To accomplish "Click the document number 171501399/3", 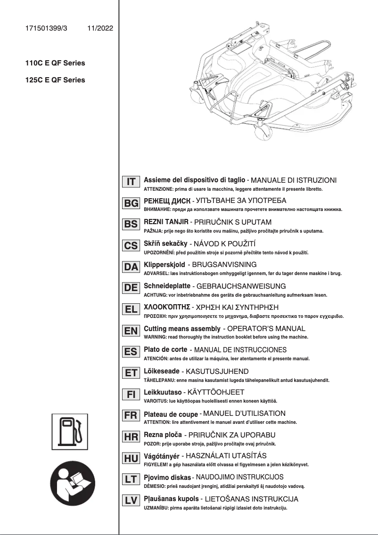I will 46,29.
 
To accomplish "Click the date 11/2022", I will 100,29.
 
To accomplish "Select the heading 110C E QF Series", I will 55,63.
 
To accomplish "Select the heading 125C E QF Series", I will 55,80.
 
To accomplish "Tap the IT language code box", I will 131,182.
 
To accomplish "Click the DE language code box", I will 131,288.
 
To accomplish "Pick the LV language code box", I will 131,501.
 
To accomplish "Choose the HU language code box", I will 131,458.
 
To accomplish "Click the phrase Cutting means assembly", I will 182,328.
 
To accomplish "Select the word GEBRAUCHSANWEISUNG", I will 240,286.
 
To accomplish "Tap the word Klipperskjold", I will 164,265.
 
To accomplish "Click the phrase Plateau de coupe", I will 171,414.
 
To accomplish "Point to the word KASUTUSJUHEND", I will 214,372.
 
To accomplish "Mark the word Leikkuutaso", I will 163,392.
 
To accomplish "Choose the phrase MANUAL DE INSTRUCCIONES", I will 240,350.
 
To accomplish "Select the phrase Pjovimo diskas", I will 167,478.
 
